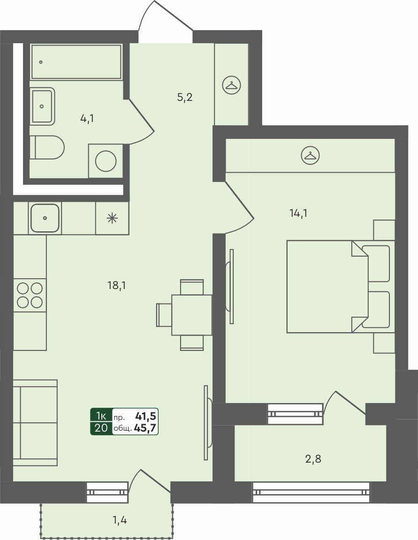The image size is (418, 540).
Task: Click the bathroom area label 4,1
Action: click(87, 118)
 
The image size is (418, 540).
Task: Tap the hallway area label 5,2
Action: click(185, 98)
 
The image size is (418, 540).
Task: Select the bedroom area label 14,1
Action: click(298, 213)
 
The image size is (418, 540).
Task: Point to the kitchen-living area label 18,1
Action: click(116, 285)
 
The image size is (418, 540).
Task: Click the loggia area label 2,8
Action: click(313, 459)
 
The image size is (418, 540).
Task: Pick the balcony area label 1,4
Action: click(120, 519)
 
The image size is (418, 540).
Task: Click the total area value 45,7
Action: click(145, 428)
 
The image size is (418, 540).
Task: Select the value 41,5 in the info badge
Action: click(145, 416)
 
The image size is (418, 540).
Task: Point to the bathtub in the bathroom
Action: click(76, 62)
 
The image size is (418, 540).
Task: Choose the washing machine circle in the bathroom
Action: click(106, 161)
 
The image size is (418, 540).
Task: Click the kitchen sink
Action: click(45, 218)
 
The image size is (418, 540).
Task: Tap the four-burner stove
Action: click(30, 295)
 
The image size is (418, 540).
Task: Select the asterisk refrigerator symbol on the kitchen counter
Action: click(112, 218)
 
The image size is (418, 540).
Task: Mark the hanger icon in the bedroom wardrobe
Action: click(310, 155)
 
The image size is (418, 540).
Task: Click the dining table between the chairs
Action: click(191, 315)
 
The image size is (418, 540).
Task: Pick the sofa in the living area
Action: click(35, 423)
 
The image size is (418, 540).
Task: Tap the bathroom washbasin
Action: click(42, 106)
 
